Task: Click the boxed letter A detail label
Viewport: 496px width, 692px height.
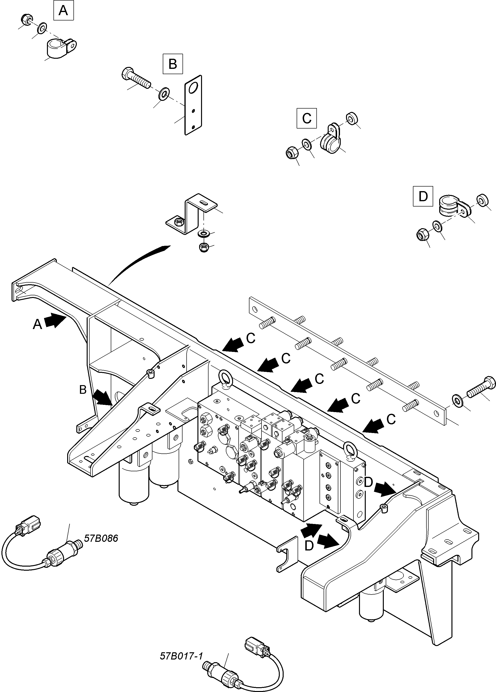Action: [x=64, y=10]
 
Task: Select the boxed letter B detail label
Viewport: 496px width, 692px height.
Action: [x=173, y=64]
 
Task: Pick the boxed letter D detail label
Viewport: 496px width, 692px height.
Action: [x=423, y=196]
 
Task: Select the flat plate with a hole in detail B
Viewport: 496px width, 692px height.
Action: [x=193, y=105]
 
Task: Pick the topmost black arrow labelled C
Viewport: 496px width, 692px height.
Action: [x=234, y=345]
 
